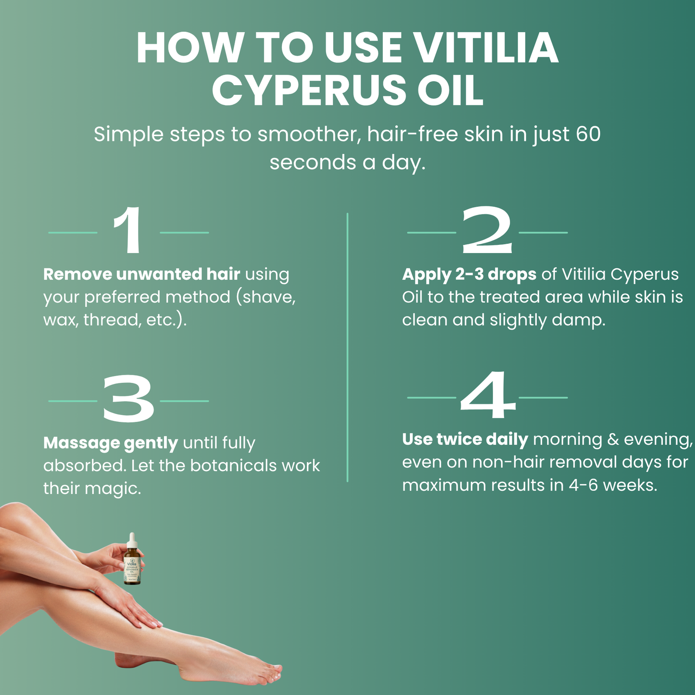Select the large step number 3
click(x=128, y=400)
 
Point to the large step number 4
click(x=487, y=396)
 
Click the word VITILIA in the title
click(x=486, y=48)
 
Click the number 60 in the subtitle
click(x=588, y=134)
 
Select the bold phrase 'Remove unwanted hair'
click(x=141, y=274)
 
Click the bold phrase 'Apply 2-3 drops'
click(x=469, y=274)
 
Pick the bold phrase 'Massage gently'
click(x=111, y=443)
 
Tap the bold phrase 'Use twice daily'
click(x=465, y=439)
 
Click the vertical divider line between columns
click(x=347, y=346)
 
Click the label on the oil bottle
click(x=132, y=571)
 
